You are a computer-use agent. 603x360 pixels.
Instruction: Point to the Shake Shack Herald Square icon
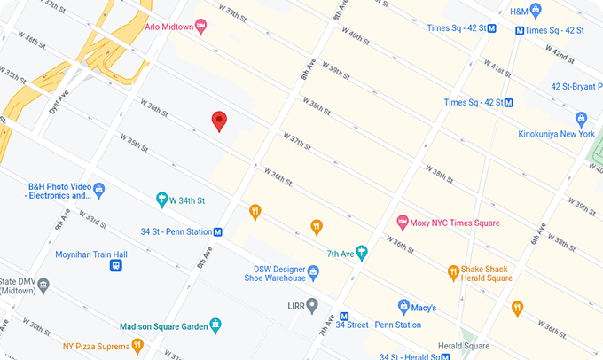pyautogui.click(x=453, y=271)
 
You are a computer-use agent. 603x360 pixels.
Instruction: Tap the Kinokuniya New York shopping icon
pyautogui.click(x=582, y=118)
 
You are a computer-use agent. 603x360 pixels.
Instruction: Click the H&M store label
pyautogui.click(x=519, y=12)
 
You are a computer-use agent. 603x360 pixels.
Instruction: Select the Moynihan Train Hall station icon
pyautogui.click(x=116, y=265)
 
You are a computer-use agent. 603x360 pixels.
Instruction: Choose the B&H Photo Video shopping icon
pyautogui.click(x=99, y=188)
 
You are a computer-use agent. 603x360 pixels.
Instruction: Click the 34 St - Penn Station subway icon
pyautogui.click(x=218, y=232)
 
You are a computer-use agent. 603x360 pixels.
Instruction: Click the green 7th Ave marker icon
pyautogui.click(x=361, y=252)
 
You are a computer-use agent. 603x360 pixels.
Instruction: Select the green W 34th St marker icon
pyautogui.click(x=162, y=200)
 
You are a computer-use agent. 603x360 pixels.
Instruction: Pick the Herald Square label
pyautogui.click(x=463, y=346)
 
